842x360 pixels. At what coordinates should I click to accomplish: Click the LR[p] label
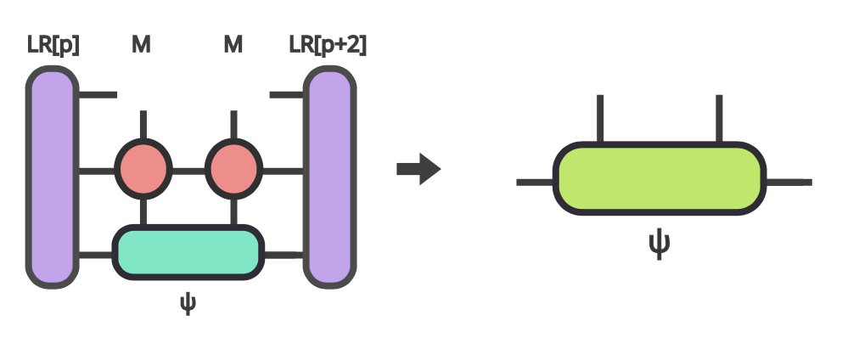[53, 43]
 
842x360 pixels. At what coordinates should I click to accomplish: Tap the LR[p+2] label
[328, 43]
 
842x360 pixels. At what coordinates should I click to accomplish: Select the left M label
[141, 43]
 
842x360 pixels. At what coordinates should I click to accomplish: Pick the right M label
[233, 43]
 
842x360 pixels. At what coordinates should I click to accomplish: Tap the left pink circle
[143, 169]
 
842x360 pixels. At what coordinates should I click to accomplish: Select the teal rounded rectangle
[188, 253]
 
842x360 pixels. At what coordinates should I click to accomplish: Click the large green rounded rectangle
[660, 177]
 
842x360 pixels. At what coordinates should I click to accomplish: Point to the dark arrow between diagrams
[418, 169]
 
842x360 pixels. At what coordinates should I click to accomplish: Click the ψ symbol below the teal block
[188, 303]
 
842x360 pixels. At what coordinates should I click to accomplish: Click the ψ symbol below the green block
[660, 243]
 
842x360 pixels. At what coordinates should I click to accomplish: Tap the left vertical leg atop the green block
[600, 119]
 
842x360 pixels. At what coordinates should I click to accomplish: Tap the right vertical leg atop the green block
[719, 119]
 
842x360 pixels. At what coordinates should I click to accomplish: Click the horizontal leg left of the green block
[535, 182]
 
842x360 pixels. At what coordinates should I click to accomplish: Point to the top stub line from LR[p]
[98, 94]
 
